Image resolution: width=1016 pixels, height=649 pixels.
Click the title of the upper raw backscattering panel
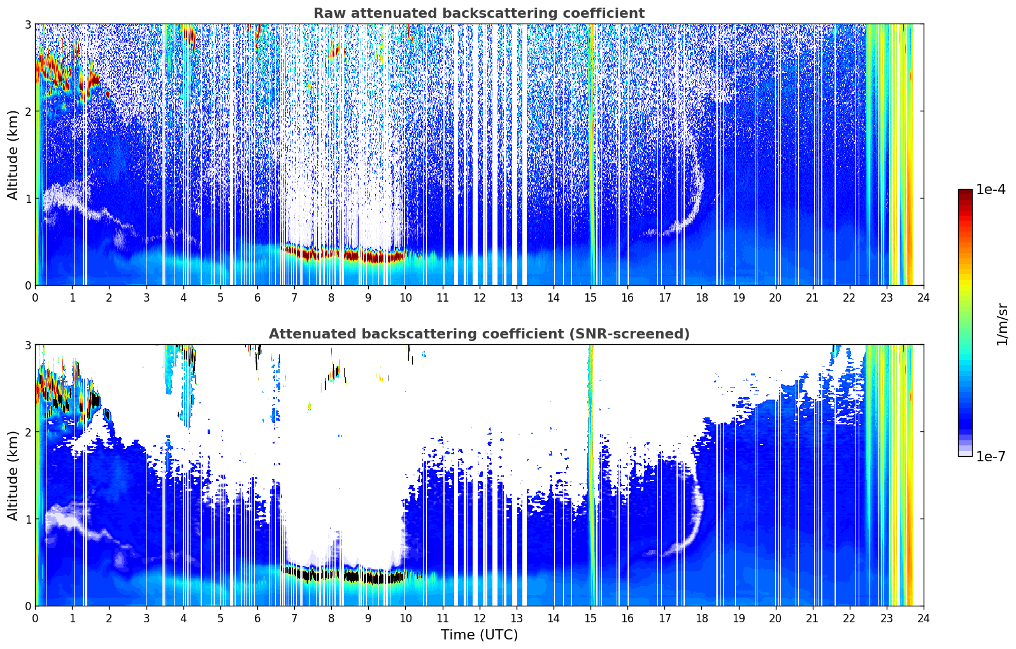point(479,13)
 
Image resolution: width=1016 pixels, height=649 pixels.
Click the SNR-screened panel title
point(479,334)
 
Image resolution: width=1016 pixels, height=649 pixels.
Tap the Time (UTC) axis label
point(479,634)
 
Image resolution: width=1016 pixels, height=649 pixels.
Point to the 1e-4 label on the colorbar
point(991,190)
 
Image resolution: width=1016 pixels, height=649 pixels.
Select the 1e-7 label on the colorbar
point(991,456)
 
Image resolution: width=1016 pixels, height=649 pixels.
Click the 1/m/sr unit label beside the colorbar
point(1002,324)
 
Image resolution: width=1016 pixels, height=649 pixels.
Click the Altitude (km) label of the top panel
point(13,155)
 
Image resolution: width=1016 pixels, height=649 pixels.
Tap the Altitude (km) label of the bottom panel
point(13,475)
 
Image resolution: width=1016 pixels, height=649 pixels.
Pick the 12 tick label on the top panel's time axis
point(480,298)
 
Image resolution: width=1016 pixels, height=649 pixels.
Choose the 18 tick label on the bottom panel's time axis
point(702,618)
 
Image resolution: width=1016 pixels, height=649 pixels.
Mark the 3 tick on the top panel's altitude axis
point(27,24)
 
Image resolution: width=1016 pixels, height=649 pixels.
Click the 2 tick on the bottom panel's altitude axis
point(27,433)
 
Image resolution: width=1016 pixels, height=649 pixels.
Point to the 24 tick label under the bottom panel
point(924,618)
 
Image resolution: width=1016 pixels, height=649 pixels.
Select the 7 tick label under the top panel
point(294,298)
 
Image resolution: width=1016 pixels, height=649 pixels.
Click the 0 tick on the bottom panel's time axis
point(36,618)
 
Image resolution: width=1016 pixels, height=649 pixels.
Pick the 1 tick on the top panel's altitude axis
point(27,199)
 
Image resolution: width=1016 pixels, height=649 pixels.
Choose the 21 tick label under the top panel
point(812,298)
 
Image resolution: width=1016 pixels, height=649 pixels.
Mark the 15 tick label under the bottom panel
point(590,618)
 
